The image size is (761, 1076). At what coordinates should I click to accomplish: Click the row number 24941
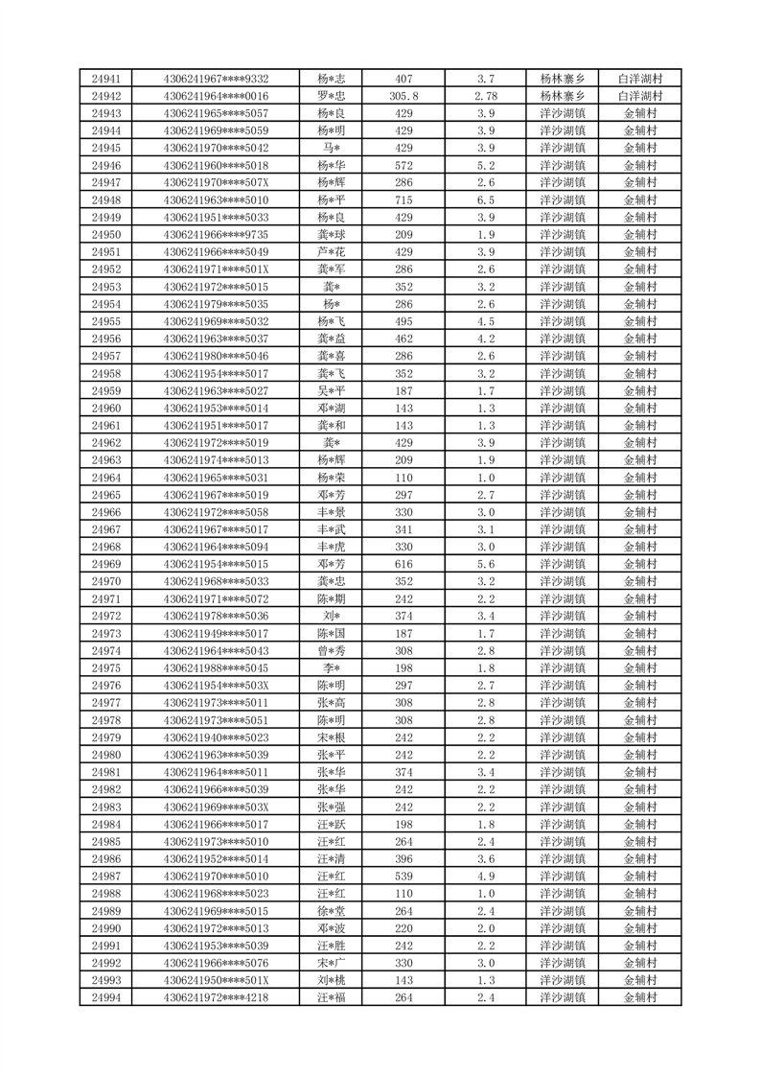[x=105, y=79]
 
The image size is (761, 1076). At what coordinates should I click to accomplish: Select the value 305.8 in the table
[x=404, y=96]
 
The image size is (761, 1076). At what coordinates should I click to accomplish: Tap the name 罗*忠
[x=331, y=96]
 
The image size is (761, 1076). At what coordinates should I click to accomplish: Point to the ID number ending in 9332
[x=216, y=79]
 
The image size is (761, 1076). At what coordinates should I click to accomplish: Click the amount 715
[x=404, y=200]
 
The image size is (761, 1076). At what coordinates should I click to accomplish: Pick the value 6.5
[x=485, y=200]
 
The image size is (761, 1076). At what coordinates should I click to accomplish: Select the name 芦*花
[x=331, y=252]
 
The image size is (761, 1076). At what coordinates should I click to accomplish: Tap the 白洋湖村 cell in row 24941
[x=640, y=79]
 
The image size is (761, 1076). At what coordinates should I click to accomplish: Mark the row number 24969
[x=105, y=564]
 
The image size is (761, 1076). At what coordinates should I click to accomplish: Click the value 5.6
[x=485, y=564]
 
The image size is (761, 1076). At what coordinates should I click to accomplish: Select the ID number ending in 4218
[x=216, y=997]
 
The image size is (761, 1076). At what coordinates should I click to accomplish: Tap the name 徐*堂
[x=331, y=911]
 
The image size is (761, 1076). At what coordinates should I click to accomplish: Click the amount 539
[x=404, y=877]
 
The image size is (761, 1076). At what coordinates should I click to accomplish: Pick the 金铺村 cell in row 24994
[x=640, y=997]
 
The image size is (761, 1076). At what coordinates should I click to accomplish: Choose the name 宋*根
[x=331, y=737]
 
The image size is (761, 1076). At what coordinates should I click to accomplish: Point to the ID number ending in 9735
[x=216, y=235]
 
